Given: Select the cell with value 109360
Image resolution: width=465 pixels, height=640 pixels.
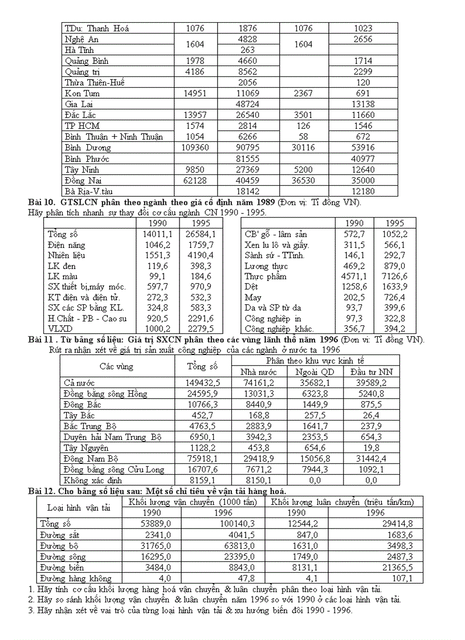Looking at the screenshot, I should coord(195,148).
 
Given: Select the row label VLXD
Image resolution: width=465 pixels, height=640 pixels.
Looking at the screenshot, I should coord(59,329).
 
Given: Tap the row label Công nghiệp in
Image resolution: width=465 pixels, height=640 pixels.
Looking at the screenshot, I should coord(273,319).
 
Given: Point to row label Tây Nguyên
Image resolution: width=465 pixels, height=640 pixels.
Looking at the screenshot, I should coord(85,447).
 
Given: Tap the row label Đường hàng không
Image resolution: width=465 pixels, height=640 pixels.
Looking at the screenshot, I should coord(75,578).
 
